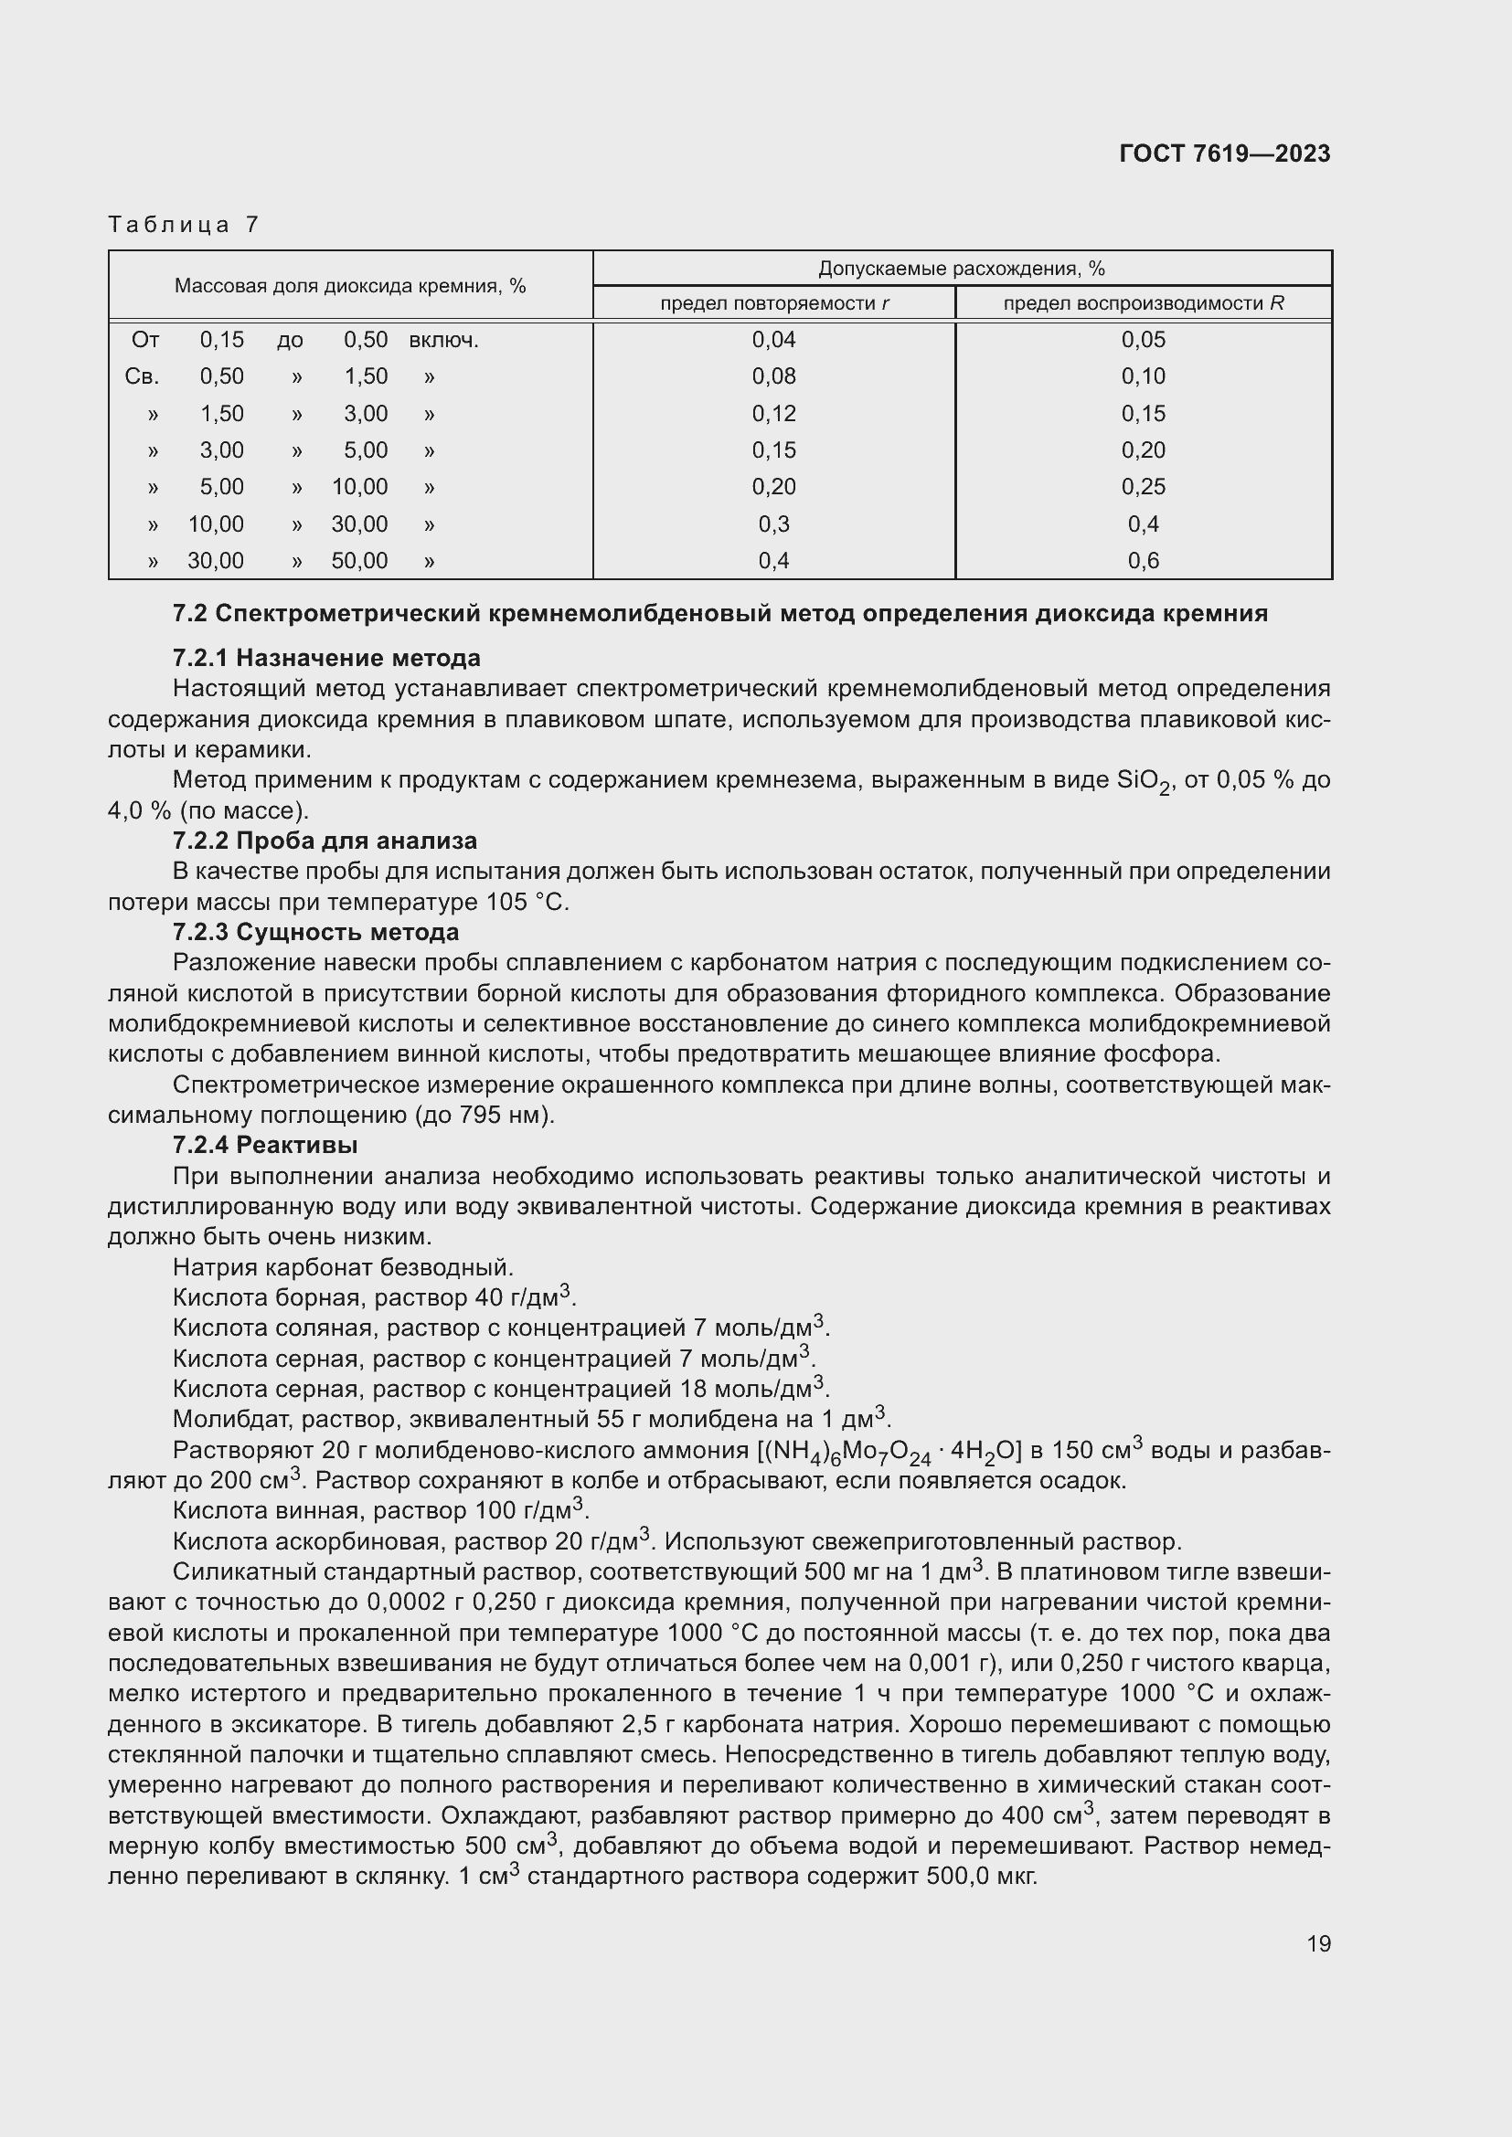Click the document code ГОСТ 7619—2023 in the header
click(x=1224, y=153)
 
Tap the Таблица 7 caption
click(x=184, y=225)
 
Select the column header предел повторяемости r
click(x=773, y=303)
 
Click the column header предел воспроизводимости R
click(x=1143, y=303)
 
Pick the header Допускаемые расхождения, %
click(x=961, y=269)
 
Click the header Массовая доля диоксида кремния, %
click(x=350, y=286)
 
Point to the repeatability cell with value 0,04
click(x=773, y=340)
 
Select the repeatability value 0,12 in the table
click(x=773, y=413)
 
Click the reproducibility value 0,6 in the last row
click(x=1143, y=560)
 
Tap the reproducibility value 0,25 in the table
click(x=1143, y=487)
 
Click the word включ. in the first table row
click(x=443, y=341)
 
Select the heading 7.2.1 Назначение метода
click(x=325, y=658)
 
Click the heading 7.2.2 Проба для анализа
click(x=324, y=841)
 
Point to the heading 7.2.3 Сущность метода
click(x=315, y=932)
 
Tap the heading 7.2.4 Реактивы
click(x=265, y=1145)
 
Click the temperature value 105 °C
click(x=526, y=902)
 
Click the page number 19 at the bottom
click(x=1318, y=1943)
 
